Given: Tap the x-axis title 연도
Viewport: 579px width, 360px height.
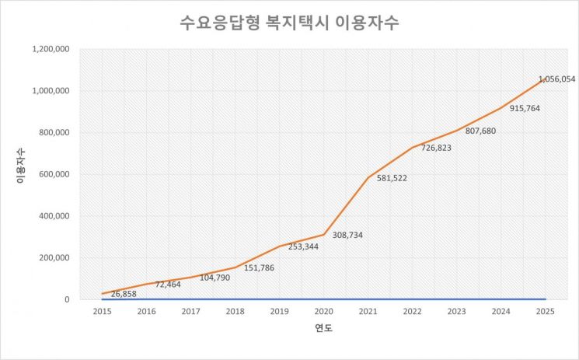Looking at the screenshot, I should point(323,329).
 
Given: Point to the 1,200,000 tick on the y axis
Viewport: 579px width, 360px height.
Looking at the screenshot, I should point(51,49).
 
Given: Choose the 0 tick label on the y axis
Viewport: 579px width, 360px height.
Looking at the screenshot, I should point(68,299).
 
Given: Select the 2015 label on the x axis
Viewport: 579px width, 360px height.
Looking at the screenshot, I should point(102,311).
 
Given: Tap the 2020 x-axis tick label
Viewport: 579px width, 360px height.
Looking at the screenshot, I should point(323,311).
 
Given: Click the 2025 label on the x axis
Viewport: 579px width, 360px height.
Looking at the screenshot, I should point(545,311).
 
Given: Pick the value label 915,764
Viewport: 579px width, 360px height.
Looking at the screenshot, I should point(525,108).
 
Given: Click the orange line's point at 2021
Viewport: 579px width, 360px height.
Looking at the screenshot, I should point(368,178).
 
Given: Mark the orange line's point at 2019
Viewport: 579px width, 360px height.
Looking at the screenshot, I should point(279,246).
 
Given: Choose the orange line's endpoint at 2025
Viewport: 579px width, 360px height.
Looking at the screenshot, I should point(545,79).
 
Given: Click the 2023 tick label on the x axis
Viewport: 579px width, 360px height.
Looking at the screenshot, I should point(456,311).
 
